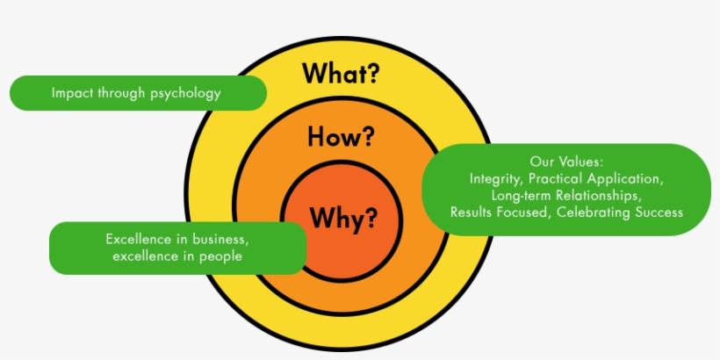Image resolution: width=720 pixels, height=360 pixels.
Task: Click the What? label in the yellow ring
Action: (342, 74)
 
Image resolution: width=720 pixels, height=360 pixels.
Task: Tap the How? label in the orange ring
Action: (341, 137)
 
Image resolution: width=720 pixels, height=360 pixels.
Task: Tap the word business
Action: (221, 239)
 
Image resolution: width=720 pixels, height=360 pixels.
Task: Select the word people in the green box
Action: (222, 256)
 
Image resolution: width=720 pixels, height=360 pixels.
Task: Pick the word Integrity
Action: (495, 179)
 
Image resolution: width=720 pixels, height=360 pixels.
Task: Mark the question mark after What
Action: (372, 74)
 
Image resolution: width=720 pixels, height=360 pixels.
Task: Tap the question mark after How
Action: (366, 137)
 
